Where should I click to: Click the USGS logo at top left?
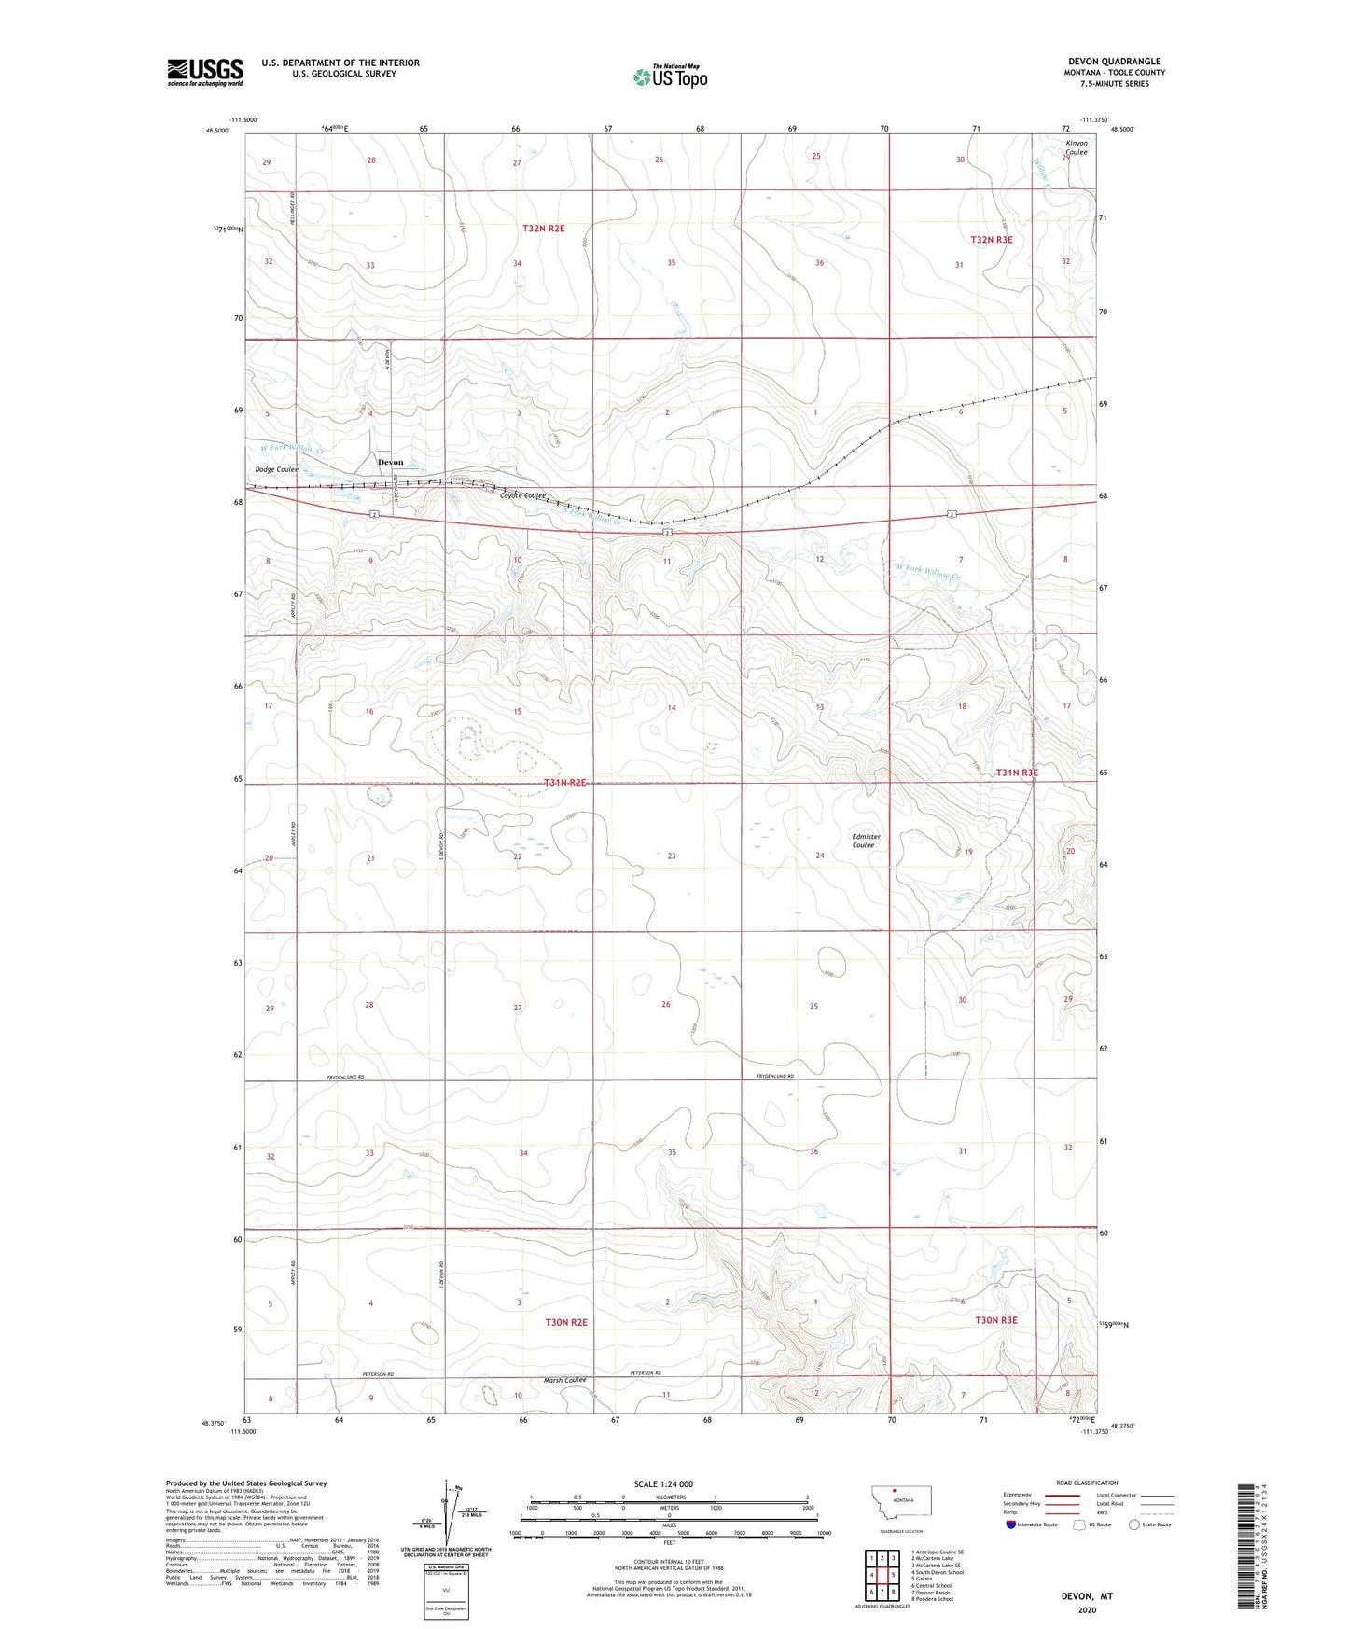tap(204, 72)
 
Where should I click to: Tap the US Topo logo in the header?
tap(669, 77)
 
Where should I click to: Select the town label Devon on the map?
tap(390, 462)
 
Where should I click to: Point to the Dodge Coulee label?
tap(277, 470)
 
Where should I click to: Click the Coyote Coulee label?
tap(521, 496)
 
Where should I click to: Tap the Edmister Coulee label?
tap(866, 841)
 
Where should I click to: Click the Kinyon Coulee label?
tap(1077, 147)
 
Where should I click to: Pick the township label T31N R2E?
tap(564, 782)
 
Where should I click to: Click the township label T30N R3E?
tap(995, 1320)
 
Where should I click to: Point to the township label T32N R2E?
tap(543, 228)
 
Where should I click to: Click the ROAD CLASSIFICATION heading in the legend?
tap(1087, 1483)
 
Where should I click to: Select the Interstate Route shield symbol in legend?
tap(1013, 1525)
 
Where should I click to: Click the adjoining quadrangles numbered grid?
tap(882, 1577)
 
